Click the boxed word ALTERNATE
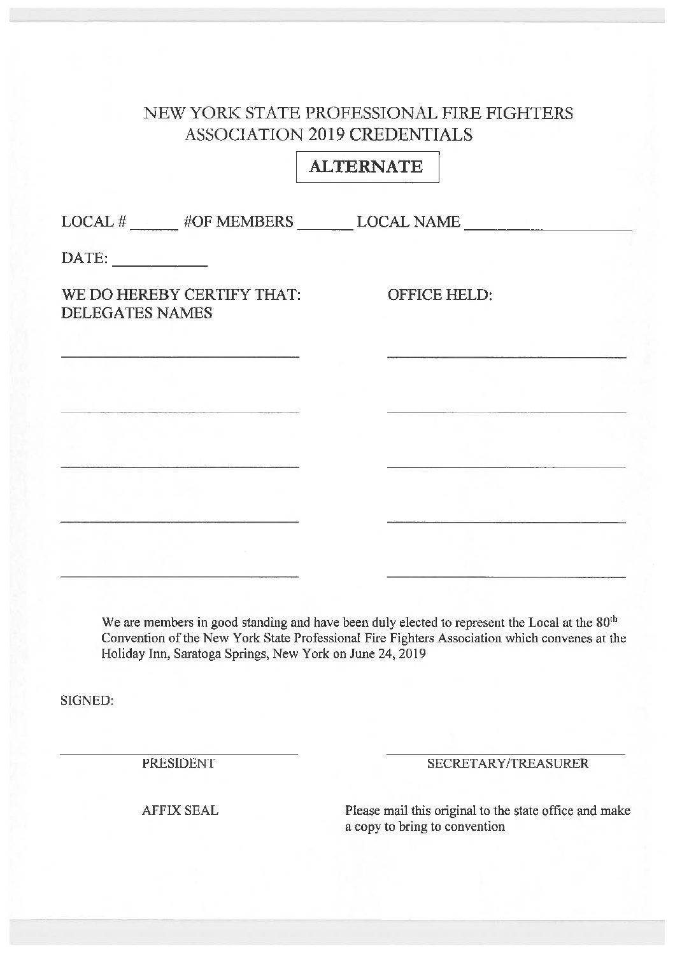366,167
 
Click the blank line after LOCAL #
154,229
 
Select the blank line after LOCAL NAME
548,228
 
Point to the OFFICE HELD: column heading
440,295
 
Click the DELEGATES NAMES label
136,313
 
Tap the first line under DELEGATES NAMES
180,355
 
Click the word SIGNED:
87,701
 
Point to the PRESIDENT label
178,763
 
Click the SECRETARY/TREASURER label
508,763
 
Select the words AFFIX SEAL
180,810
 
